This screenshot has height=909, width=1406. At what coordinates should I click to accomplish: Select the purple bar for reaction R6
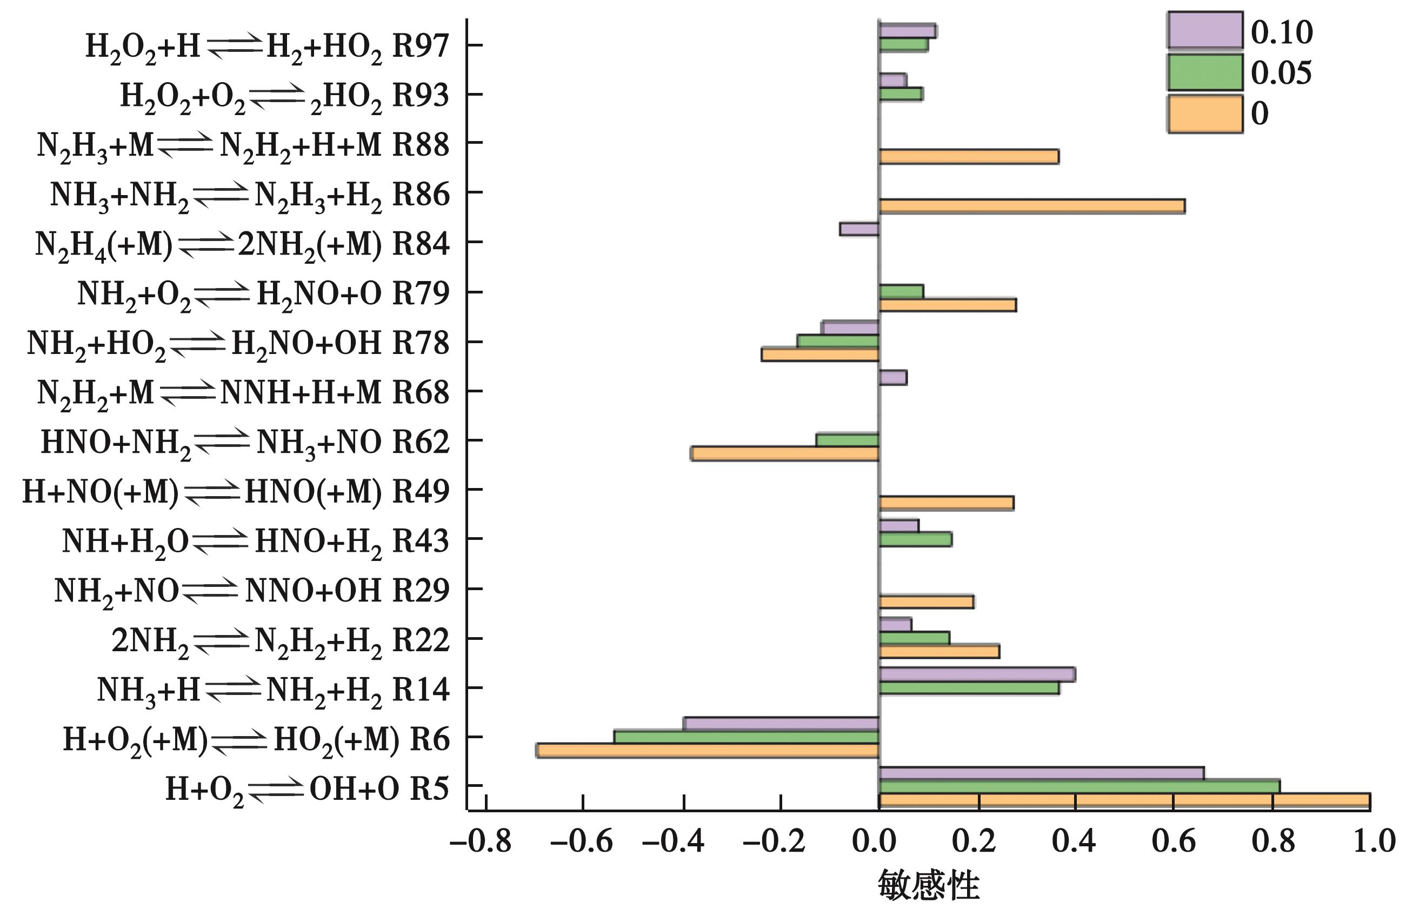tap(781, 724)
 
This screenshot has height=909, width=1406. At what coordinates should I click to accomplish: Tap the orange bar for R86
tap(1032, 206)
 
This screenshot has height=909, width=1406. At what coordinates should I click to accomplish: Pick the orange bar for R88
tap(969, 156)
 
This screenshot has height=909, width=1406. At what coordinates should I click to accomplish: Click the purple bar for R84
tap(859, 229)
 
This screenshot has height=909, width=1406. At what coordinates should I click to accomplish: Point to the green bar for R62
tap(848, 440)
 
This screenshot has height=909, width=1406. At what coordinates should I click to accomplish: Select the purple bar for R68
tap(893, 378)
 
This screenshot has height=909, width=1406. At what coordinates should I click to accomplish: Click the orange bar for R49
tap(946, 503)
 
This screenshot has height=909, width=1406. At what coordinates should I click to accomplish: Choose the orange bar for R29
tap(926, 601)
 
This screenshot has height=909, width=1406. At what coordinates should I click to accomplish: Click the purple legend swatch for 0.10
tap(1205, 31)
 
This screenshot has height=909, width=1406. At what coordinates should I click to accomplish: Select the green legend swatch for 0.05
tap(1205, 72)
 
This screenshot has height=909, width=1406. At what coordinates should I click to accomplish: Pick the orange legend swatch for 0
tap(1205, 114)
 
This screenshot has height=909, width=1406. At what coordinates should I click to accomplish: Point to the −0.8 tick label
tap(481, 841)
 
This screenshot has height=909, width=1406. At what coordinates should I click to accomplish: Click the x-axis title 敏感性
tap(928, 885)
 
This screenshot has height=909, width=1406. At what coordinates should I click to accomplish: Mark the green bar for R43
tap(915, 539)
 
